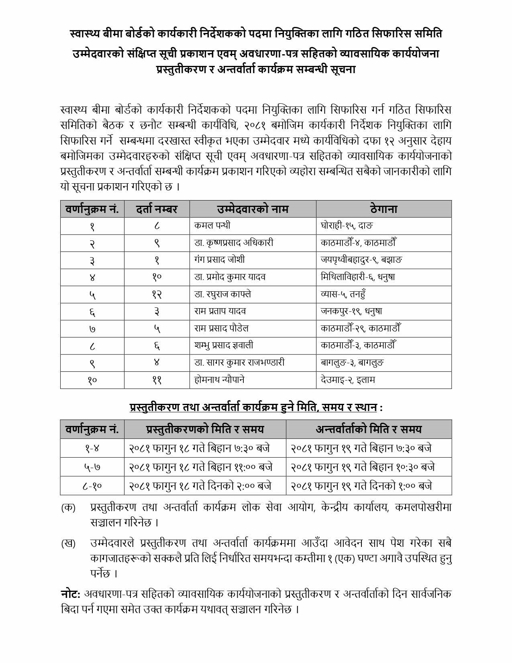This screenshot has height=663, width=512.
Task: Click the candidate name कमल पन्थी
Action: tap(212, 225)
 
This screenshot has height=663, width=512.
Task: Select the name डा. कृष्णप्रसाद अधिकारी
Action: tap(234, 243)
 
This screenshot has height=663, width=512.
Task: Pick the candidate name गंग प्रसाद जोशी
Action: tap(219, 260)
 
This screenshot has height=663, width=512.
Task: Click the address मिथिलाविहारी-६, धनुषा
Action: tap(358, 277)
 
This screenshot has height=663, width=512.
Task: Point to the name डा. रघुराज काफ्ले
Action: tap(222, 294)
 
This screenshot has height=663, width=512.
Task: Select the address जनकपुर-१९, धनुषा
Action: tap(351, 311)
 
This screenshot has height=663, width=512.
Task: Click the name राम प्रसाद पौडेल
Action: tap(221, 328)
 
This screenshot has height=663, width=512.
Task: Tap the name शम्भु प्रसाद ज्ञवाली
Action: tap(224, 346)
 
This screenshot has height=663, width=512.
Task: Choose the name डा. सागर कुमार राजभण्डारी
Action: tap(239, 362)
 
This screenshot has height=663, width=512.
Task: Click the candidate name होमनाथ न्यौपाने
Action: tap(219, 380)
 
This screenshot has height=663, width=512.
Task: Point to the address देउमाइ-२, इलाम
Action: tap(348, 380)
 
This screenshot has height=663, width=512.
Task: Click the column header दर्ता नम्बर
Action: tap(157, 209)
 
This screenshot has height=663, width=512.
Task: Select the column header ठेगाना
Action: tap(383, 209)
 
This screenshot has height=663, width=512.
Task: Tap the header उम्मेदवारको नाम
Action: tap(253, 209)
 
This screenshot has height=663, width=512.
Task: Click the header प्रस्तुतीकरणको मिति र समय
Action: tap(205, 429)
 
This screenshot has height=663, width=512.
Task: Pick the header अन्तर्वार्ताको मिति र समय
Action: tap(369, 429)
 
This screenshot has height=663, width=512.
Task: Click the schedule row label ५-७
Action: tap(92, 467)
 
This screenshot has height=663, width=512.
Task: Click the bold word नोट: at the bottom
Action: tap(71, 594)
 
